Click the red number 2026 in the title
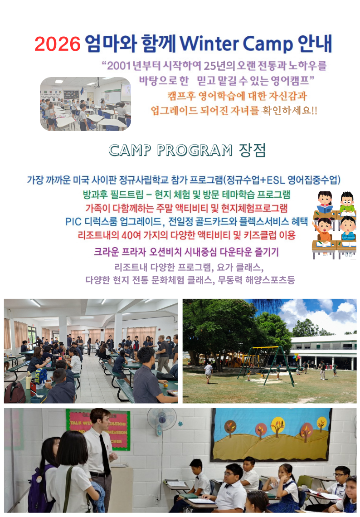[x=58, y=44]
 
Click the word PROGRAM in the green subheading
[x=195, y=151]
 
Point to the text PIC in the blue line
[x=73, y=222]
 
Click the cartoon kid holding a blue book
[x=325, y=202]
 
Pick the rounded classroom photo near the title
[x=85, y=104]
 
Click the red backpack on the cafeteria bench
[x=15, y=393]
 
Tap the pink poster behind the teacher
[x=98, y=429]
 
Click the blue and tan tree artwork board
[x=271, y=434]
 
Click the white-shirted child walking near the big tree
[x=209, y=372]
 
